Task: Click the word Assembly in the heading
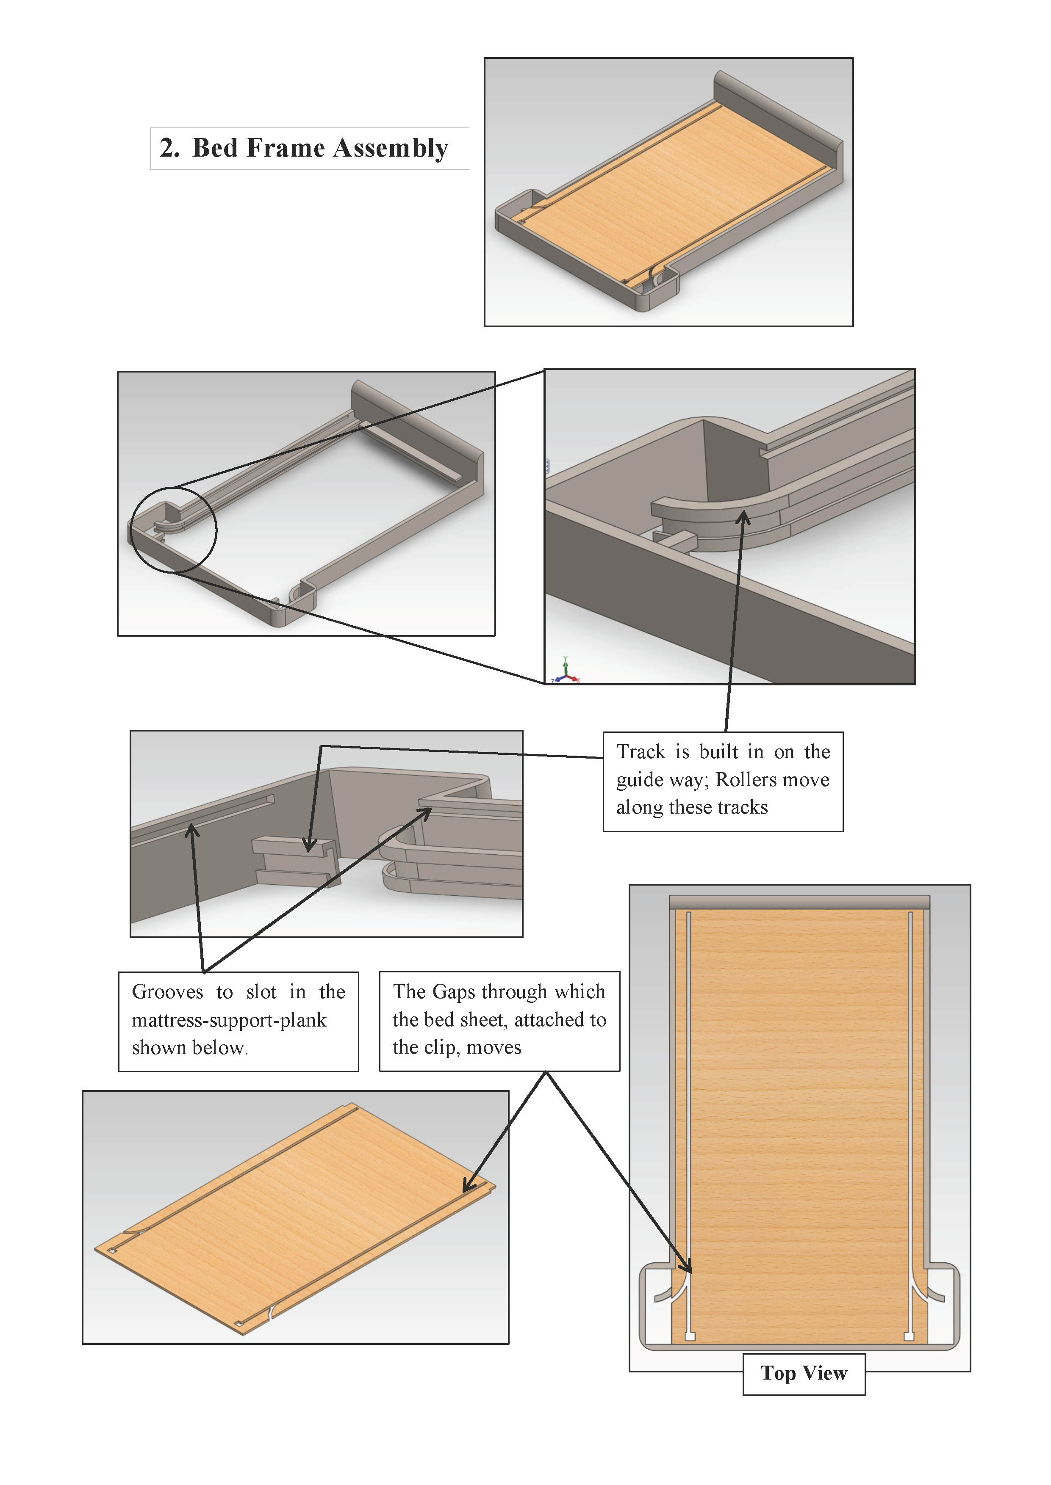[391, 149]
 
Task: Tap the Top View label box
[803, 1373]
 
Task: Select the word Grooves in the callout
[168, 992]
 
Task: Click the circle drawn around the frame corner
[173, 530]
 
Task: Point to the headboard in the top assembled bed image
[776, 110]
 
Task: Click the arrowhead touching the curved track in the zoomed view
[744, 517]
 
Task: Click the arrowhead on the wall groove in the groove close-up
[191, 829]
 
